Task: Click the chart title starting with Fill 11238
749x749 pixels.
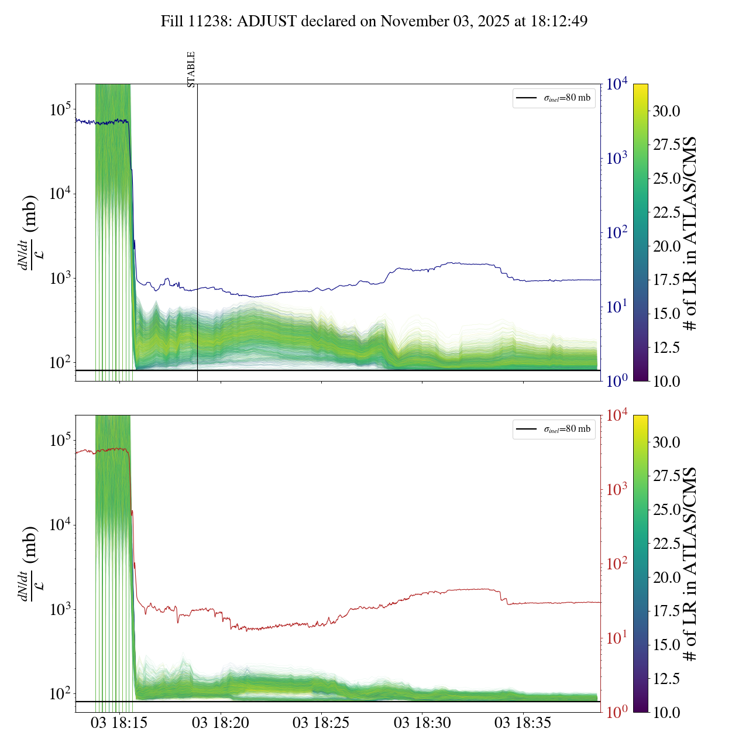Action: pos(374,22)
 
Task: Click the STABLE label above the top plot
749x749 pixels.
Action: pos(191,70)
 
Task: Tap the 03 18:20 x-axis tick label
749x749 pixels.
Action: pos(221,723)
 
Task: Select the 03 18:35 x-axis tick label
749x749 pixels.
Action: pos(523,723)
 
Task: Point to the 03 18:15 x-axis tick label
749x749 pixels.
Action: pos(119,723)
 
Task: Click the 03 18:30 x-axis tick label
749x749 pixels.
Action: pos(422,723)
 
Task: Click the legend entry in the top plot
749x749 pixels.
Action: pos(554,98)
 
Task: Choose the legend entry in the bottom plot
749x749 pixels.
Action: pos(554,429)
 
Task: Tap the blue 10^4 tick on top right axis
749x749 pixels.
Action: pos(617,84)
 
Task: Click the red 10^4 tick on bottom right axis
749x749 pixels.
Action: pos(617,415)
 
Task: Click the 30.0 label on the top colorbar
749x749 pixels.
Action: pos(666,111)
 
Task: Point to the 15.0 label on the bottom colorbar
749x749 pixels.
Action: pos(666,645)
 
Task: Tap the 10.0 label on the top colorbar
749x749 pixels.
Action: pos(666,382)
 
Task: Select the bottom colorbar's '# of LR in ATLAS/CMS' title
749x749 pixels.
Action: pos(690,564)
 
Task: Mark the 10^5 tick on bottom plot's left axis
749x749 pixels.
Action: pos(60,440)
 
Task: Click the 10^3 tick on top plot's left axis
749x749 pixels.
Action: pos(60,279)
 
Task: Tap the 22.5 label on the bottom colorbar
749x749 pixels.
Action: pos(666,544)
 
